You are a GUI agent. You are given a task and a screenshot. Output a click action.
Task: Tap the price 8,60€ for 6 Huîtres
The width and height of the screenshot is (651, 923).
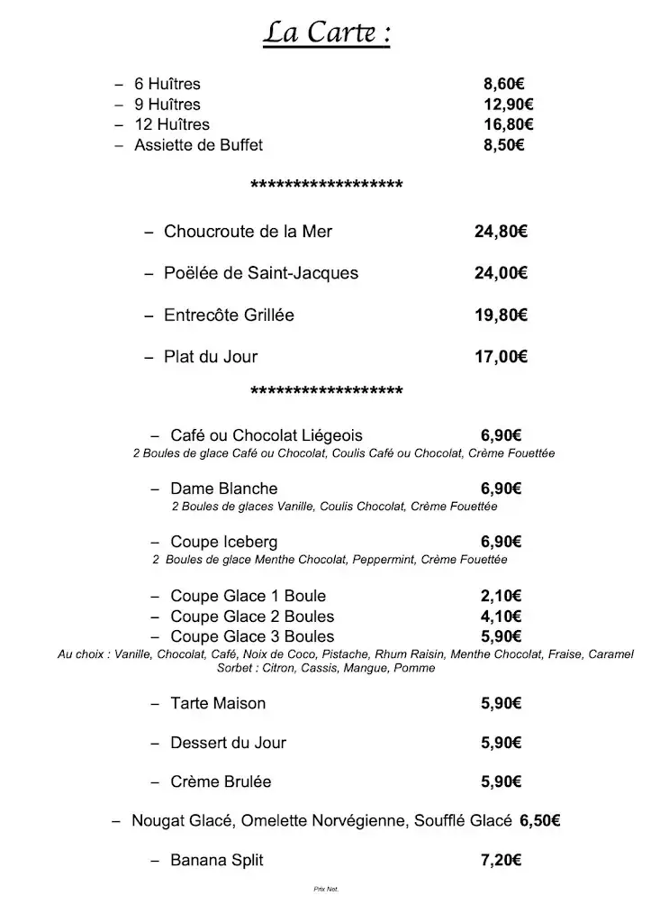[x=503, y=85]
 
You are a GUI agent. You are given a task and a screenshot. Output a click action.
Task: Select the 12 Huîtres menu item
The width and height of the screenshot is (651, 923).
[x=172, y=124]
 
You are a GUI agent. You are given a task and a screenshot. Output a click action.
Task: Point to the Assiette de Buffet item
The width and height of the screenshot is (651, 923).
[x=198, y=144]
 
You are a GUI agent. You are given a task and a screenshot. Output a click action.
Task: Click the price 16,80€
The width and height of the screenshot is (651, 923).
[x=508, y=124]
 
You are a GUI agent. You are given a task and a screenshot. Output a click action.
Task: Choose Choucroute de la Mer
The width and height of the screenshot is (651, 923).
[x=248, y=232]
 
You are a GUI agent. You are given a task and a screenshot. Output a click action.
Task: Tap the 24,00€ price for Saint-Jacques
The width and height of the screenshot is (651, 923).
[x=501, y=273]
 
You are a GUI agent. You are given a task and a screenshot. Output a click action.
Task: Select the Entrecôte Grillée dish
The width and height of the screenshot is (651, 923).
[x=229, y=315]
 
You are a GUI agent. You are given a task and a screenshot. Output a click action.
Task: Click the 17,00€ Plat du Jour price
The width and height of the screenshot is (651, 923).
[x=501, y=356]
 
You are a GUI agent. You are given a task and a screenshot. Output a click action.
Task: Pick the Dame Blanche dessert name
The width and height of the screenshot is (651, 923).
[x=223, y=489]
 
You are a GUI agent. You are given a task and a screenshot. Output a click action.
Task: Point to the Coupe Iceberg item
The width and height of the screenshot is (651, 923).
[x=223, y=542]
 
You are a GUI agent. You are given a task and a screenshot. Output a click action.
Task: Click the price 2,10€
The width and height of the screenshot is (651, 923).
[x=502, y=596]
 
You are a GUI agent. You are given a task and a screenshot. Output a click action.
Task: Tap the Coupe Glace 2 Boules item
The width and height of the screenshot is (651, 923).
[x=252, y=617]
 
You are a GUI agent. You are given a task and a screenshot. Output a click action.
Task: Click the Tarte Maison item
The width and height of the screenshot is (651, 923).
[x=218, y=703]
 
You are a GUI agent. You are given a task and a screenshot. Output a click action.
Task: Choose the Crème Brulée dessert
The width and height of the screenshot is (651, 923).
[x=221, y=781]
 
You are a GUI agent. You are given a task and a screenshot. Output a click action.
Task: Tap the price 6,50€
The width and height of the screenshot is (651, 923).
[x=540, y=820]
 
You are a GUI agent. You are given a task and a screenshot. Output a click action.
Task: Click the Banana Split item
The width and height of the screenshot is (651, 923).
[x=217, y=860]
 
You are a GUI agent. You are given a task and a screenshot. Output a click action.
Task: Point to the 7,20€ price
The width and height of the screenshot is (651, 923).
[x=502, y=860]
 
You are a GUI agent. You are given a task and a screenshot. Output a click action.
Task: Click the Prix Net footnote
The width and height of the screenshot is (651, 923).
[x=325, y=889]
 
